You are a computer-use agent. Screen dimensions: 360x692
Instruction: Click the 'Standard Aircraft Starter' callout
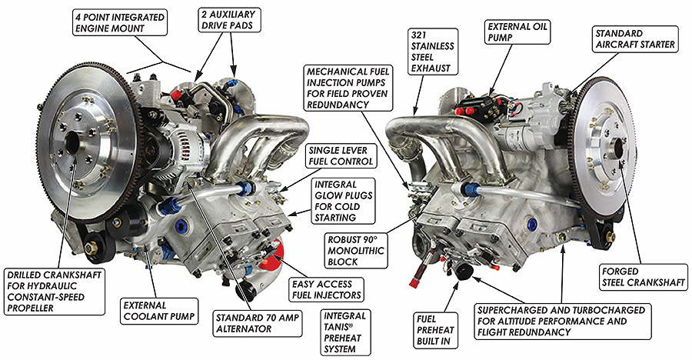click(x=635, y=39)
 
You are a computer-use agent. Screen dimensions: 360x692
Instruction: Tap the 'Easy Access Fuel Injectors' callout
click(x=326, y=290)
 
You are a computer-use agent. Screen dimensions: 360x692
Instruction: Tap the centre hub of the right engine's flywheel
click(x=620, y=147)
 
